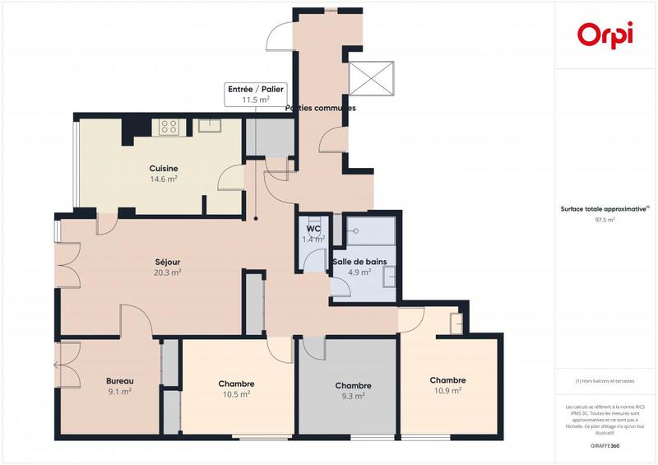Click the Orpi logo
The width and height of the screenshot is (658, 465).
pyautogui.click(x=605, y=34)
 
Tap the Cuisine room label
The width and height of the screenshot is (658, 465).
pyautogui.click(x=164, y=169)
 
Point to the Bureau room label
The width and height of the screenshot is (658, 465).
pyautogui.click(x=120, y=381)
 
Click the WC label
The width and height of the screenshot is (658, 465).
pyautogui.click(x=313, y=230)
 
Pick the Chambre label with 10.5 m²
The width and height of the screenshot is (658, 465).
pyautogui.click(x=236, y=384)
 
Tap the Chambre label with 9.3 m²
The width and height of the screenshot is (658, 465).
pyautogui.click(x=353, y=386)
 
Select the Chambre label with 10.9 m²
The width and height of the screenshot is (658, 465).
pyautogui.click(x=448, y=380)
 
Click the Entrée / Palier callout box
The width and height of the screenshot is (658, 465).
pyautogui.click(x=256, y=94)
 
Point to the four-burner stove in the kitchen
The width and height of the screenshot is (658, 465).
pyautogui.click(x=169, y=127)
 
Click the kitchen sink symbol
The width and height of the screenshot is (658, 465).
pyautogui.click(x=207, y=126)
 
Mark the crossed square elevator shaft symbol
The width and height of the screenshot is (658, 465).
pyautogui.click(x=373, y=79)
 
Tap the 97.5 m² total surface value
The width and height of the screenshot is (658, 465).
pyautogui.click(x=605, y=221)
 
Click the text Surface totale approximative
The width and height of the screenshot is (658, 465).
pyautogui.click(x=604, y=210)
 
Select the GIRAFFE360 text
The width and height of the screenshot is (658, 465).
pyautogui.click(x=605, y=444)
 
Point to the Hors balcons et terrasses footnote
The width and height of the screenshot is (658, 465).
pyautogui.click(x=605, y=381)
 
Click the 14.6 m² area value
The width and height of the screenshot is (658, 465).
pyautogui.click(x=164, y=179)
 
